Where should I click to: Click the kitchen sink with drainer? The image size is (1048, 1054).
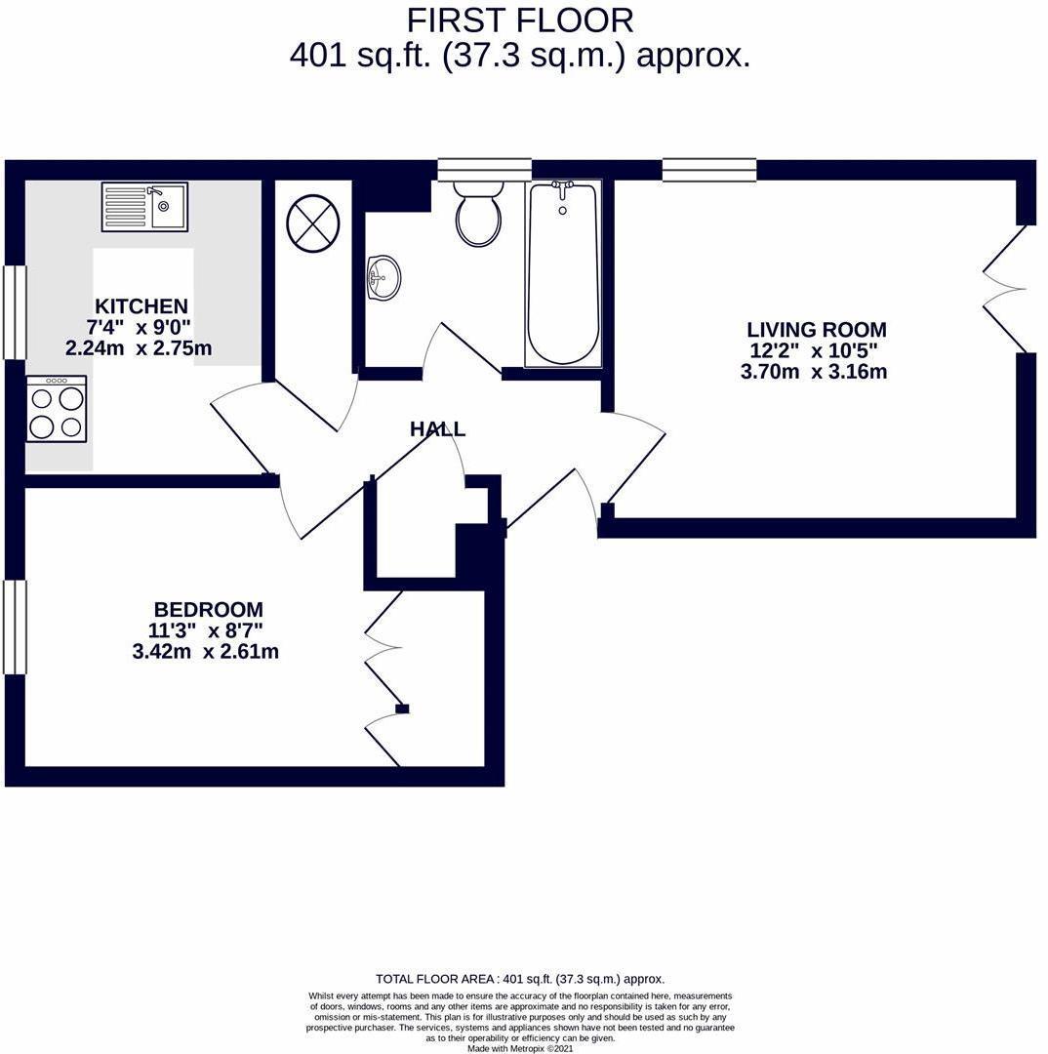pyautogui.click(x=145, y=207)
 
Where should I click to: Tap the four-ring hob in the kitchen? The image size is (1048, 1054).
pyautogui.click(x=57, y=409)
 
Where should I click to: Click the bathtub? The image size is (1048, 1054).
pyautogui.click(x=563, y=273)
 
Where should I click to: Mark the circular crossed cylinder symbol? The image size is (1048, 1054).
pyautogui.click(x=313, y=223)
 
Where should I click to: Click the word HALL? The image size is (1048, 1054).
pyautogui.click(x=437, y=428)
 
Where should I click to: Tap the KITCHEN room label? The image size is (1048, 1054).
pyautogui.click(x=141, y=306)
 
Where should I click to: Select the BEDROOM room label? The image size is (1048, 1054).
pyautogui.click(x=209, y=610)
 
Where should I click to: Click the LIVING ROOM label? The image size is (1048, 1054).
pyautogui.click(x=817, y=330)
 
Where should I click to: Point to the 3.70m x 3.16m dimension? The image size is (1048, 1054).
pyautogui.click(x=814, y=372)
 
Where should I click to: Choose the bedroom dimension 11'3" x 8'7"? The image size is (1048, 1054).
pyautogui.click(x=205, y=630)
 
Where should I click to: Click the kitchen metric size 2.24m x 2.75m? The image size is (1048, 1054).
pyautogui.click(x=139, y=348)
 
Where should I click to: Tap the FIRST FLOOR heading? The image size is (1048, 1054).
pyautogui.click(x=520, y=20)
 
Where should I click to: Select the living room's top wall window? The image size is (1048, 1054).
pyautogui.click(x=709, y=170)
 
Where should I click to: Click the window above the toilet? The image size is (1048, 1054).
pyautogui.click(x=485, y=170)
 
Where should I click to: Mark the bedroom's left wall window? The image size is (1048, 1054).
pyautogui.click(x=15, y=628)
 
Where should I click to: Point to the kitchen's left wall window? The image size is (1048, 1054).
pyautogui.click(x=15, y=312)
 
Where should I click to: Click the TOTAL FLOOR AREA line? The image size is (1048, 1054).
pyautogui.click(x=520, y=979)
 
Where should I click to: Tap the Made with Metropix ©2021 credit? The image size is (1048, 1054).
pyautogui.click(x=520, y=1048)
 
